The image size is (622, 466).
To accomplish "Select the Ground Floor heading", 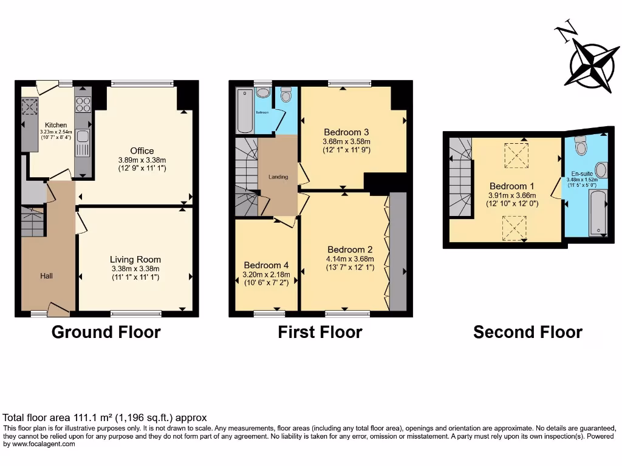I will pos(106,332).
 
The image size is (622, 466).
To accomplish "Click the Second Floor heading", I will pos(527,332).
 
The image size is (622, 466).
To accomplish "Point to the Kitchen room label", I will pos(56,125).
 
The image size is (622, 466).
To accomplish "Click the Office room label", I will pos(142,150).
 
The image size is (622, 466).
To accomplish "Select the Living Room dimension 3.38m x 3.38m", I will pos(135,269).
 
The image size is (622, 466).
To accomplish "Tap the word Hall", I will pos(46,276).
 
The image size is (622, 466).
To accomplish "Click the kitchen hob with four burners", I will pos(83,105).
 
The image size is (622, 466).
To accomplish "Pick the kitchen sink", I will pos(83,143).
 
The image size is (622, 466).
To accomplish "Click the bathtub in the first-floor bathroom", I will pos(244,111).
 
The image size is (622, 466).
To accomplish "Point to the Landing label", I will pos(278,177).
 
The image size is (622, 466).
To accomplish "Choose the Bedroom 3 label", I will pos(346,132).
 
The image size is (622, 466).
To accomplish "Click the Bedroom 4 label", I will pos(266,265).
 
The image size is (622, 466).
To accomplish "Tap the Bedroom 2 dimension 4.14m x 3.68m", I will pos(350,259).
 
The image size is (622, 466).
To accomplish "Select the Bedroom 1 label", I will pos(513,186).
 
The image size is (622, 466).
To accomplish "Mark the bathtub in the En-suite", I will pos(598,212).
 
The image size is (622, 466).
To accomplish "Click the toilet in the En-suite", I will pos(581,146).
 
